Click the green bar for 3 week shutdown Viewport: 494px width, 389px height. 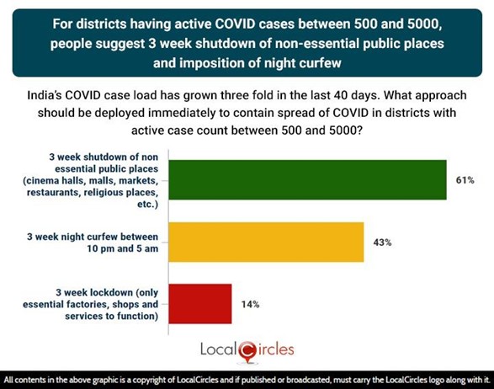tap(307, 179)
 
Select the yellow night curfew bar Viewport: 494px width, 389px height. tap(266, 242)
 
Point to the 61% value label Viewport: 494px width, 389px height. tap(466, 180)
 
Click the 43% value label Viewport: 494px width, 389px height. tap(383, 242)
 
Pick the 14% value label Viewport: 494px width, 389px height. tap(251, 304)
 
